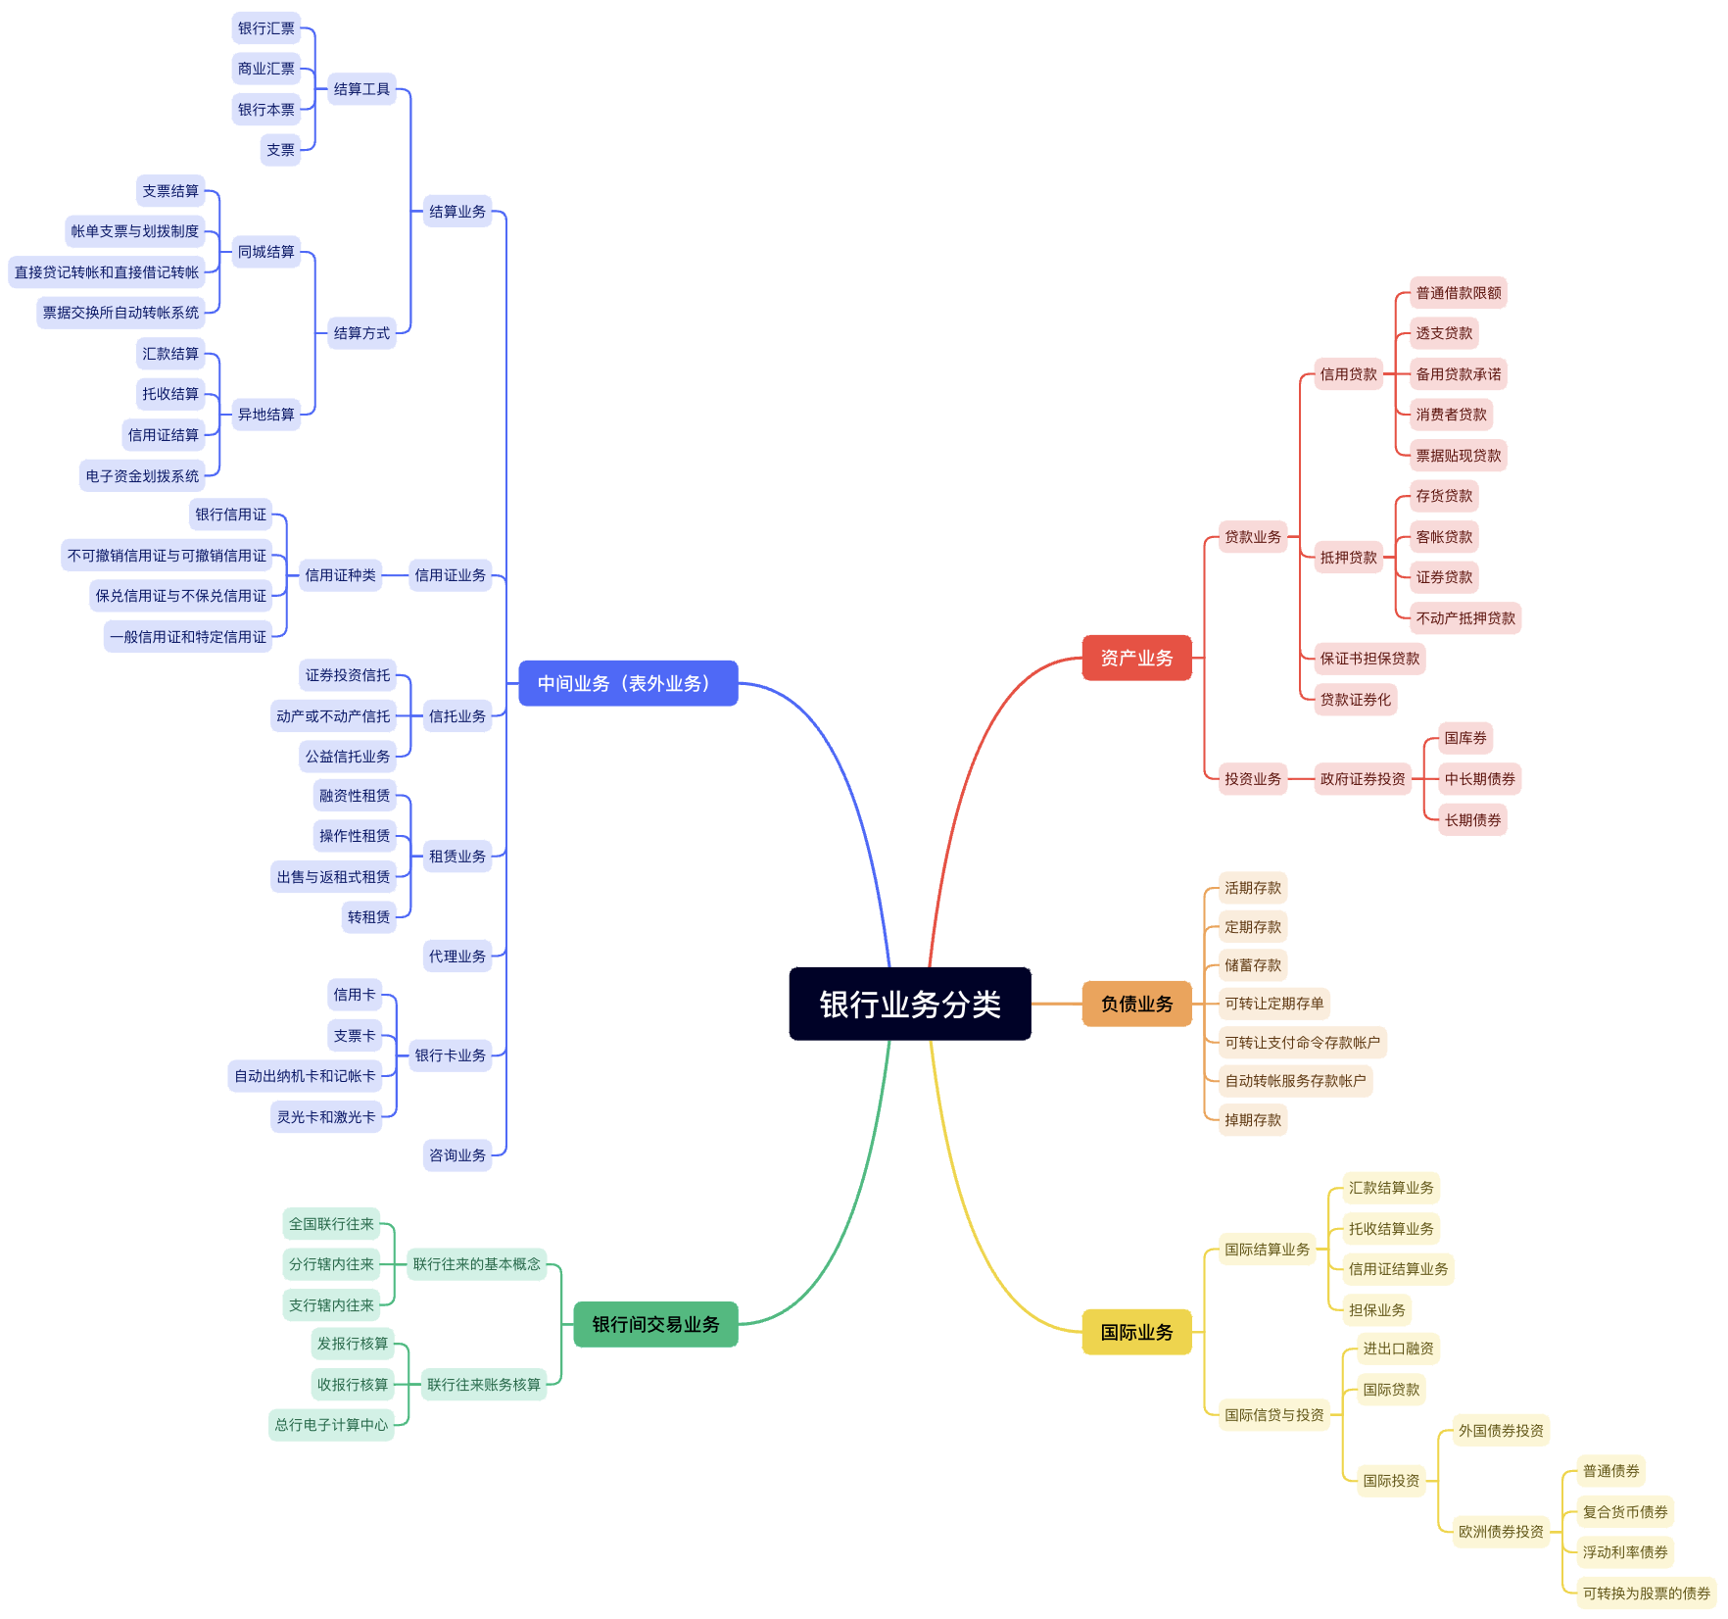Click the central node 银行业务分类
[909, 1004]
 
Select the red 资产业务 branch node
[1136, 658]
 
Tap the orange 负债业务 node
[1136, 1004]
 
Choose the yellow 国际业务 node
[1136, 1332]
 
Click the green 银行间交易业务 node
[655, 1324]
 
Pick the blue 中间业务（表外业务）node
[627, 683]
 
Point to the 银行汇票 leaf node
[265, 28]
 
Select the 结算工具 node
[361, 89]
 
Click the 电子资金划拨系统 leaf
[142, 476]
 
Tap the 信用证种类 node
[340, 575]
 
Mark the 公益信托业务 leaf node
[347, 757]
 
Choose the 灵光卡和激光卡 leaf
[325, 1117]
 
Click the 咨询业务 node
[456, 1155]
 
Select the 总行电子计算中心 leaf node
[331, 1425]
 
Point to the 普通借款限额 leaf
[1458, 293]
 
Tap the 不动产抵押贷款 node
[1464, 618]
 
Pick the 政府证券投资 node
[1362, 779]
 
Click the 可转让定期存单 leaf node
[1273, 1004]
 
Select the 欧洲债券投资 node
[1500, 1532]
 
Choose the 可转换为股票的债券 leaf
[1646, 1594]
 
